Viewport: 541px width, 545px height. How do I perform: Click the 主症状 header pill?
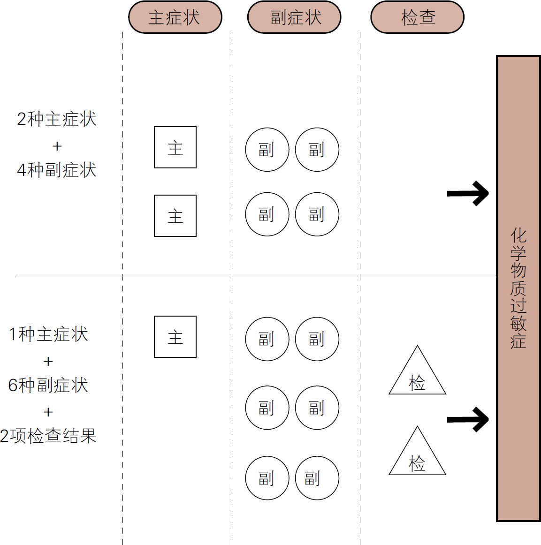coord(175,17)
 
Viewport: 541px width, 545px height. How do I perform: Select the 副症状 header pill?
coord(294,17)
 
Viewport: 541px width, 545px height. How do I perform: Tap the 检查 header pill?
coord(417,17)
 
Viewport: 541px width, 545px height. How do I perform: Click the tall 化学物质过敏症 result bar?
coord(518,288)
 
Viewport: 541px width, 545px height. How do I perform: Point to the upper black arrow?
coord(468,193)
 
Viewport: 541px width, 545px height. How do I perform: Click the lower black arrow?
coord(468,419)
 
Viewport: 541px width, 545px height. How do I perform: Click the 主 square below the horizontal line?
coord(175,337)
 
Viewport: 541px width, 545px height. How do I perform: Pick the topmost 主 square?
coord(175,147)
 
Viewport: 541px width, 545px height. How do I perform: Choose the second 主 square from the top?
coord(175,216)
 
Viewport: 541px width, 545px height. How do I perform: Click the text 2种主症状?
coord(57,119)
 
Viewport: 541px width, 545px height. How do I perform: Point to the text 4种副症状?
coord(57,170)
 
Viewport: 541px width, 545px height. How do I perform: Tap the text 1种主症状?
coord(49,334)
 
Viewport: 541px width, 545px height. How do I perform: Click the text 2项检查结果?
coord(48,436)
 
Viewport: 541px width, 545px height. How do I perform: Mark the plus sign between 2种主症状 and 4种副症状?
coord(57,146)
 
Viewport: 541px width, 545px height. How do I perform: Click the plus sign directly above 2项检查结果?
coord(48,412)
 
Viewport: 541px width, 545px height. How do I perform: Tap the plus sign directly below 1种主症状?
coord(48,362)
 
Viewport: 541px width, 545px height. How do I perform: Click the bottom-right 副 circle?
coord(317,478)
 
